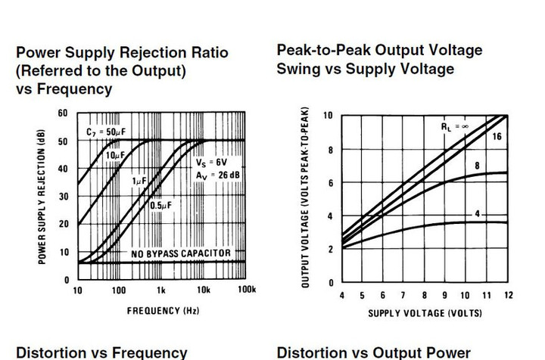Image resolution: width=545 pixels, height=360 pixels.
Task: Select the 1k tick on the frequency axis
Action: click(x=161, y=290)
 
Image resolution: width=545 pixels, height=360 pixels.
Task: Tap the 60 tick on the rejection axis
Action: click(x=62, y=113)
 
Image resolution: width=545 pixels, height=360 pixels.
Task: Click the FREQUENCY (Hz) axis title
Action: click(x=161, y=311)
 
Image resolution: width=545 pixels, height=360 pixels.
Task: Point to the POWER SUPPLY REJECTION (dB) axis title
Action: click(x=39, y=195)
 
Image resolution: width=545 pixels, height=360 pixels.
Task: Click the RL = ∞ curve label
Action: click(x=456, y=128)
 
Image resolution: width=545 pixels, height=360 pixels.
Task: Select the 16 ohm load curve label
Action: click(x=496, y=136)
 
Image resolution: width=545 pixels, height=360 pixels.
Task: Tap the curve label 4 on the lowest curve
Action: click(x=477, y=215)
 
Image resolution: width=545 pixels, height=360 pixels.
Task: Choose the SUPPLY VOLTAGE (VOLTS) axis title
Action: click(x=424, y=312)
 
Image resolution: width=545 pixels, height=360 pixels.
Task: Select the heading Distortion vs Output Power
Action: click(x=374, y=352)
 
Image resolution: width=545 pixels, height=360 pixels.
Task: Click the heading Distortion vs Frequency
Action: click(x=101, y=352)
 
